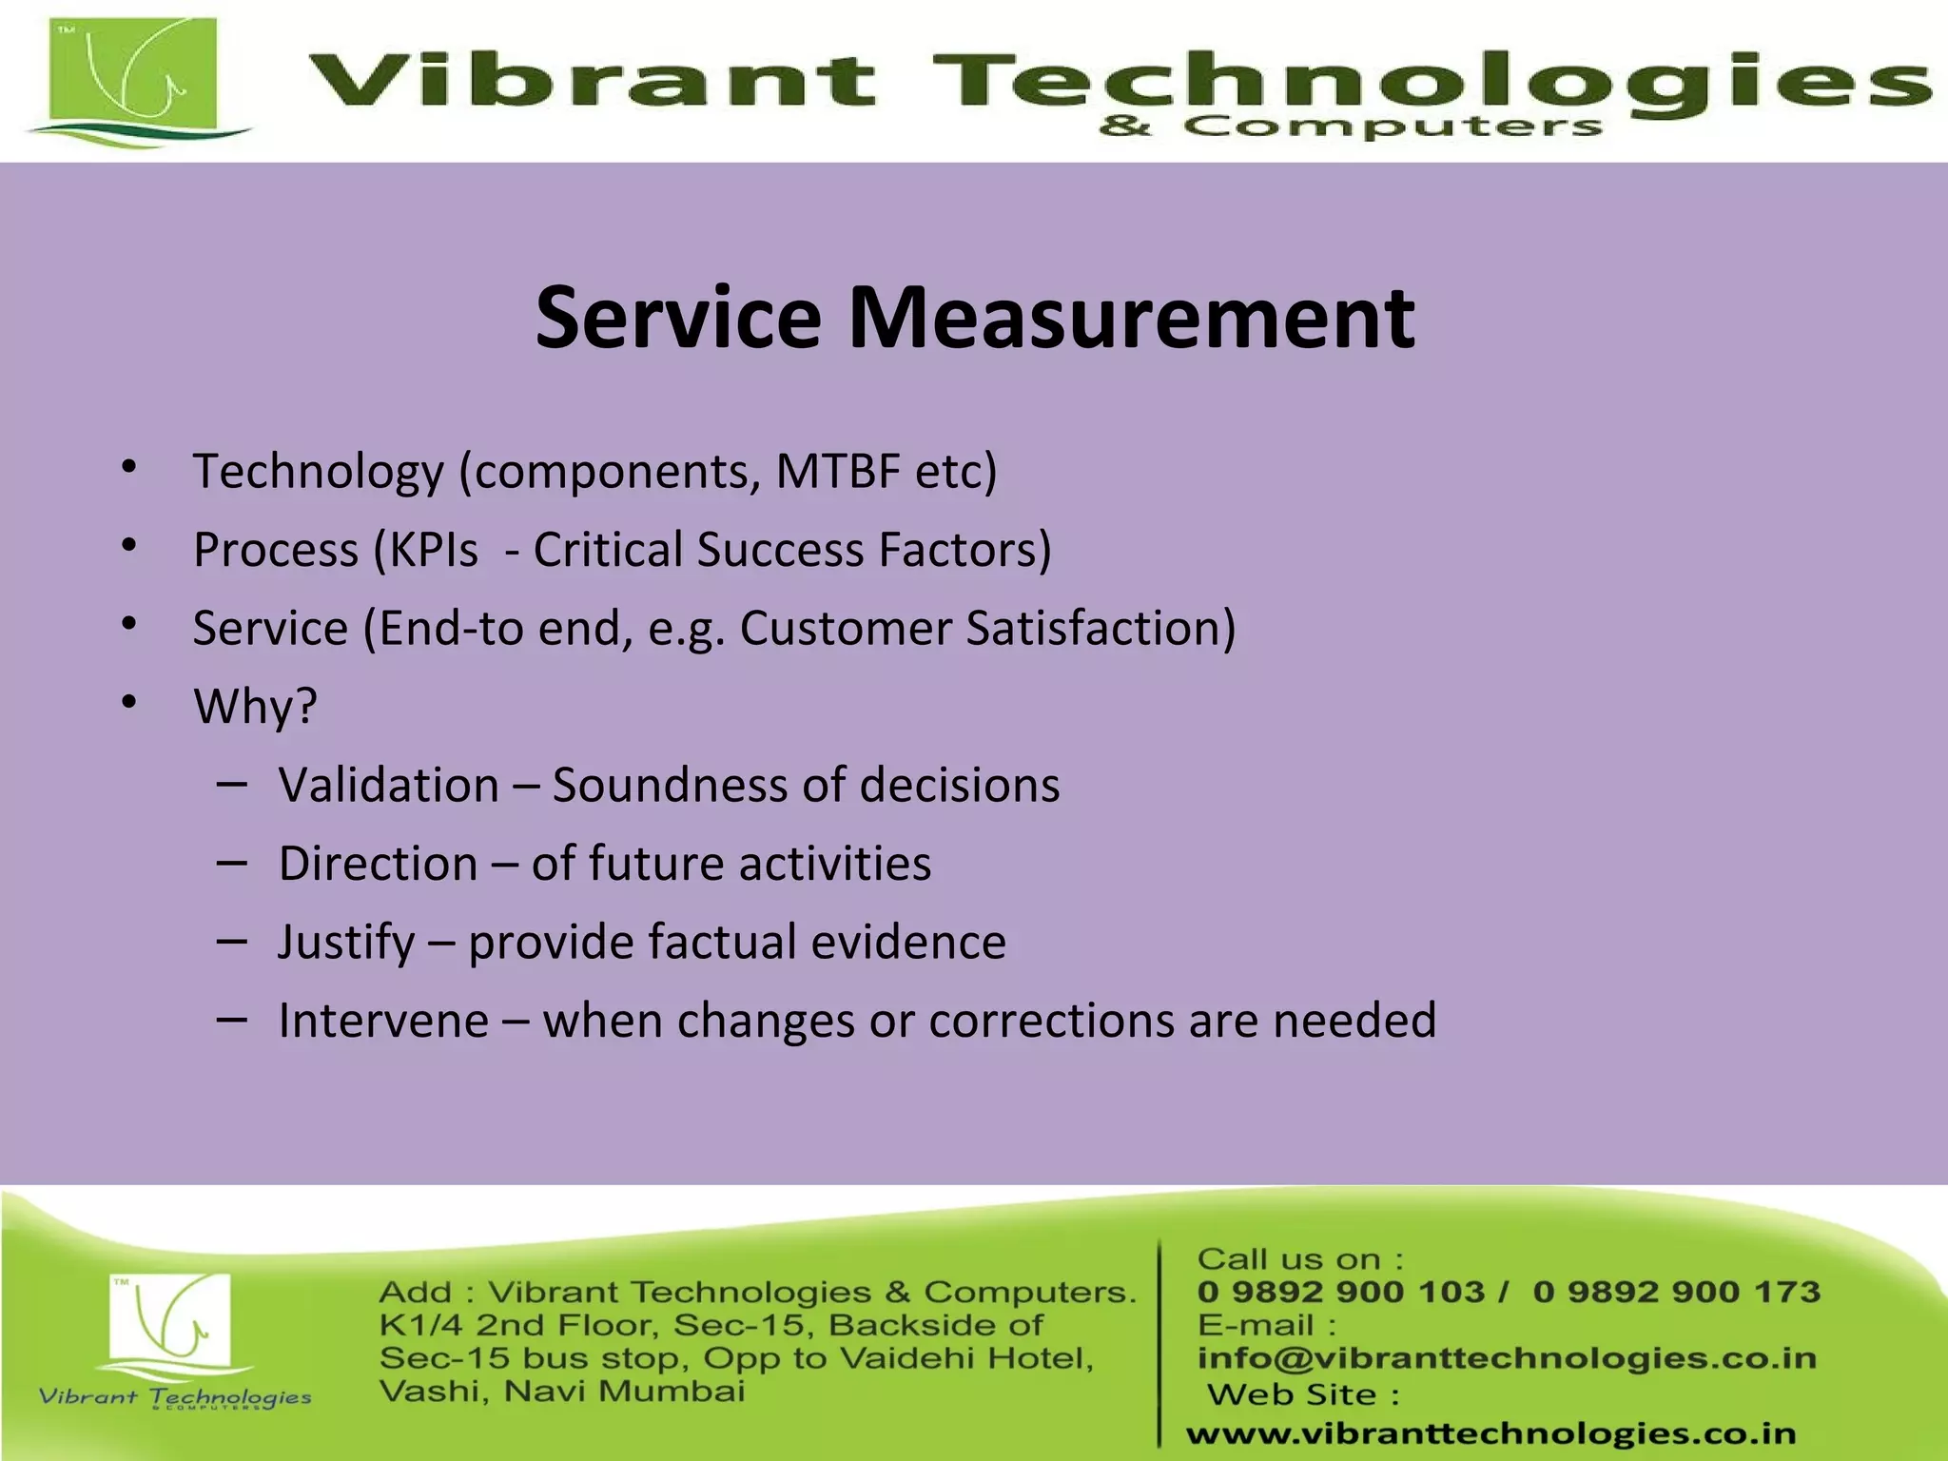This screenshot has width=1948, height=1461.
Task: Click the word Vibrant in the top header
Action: click(590, 80)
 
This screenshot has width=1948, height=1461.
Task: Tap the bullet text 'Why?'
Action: click(255, 707)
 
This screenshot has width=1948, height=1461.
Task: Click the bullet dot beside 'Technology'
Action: click(130, 467)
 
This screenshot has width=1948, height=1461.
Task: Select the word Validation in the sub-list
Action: click(389, 786)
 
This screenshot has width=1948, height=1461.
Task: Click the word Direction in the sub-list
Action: click(378, 864)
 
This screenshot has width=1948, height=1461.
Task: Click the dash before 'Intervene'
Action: click(231, 1020)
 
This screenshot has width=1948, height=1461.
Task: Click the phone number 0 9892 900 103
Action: click(1340, 1292)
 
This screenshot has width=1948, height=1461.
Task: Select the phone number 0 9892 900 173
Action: click(1676, 1292)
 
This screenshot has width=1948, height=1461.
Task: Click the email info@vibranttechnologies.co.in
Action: click(1507, 1358)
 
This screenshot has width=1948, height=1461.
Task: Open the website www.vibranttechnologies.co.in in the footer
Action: click(1490, 1433)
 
